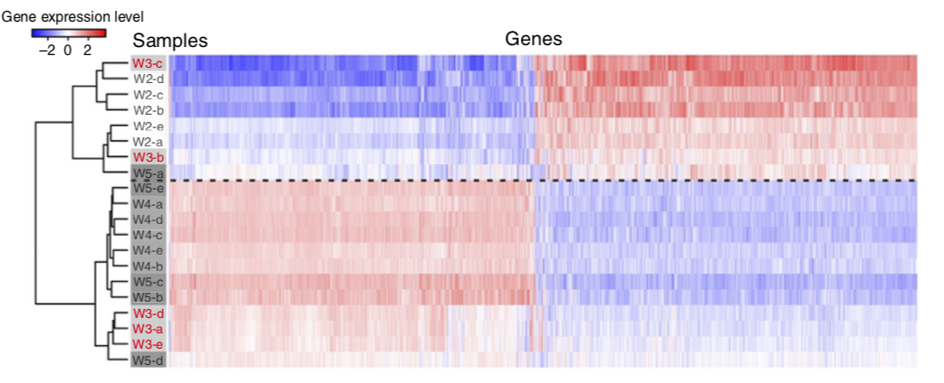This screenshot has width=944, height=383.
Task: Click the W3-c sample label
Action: pos(147,63)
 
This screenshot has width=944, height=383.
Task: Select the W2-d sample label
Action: pos(147,79)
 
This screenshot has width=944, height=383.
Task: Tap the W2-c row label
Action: pos(147,95)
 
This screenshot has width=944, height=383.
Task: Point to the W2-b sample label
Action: pos(147,110)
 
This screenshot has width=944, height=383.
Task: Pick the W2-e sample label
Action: pos(147,126)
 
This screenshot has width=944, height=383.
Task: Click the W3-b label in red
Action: pos(147,157)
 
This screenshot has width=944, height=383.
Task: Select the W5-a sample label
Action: pos(147,173)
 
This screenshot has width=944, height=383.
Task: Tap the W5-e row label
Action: pos(147,188)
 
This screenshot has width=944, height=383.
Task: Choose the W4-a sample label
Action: pos(147,204)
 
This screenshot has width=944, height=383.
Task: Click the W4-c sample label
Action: pos(147,235)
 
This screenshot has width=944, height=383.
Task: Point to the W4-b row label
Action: pos(147,266)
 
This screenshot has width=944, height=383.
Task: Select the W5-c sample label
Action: pos(147,282)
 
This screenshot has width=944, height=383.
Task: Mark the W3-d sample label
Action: pos(147,313)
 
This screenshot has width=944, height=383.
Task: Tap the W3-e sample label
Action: pos(147,344)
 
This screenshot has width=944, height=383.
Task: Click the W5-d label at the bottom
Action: pos(147,360)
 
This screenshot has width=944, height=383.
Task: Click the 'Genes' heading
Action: pos(533,39)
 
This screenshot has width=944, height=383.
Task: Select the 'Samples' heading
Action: pos(170,41)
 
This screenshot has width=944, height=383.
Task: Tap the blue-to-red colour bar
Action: pos(69,33)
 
